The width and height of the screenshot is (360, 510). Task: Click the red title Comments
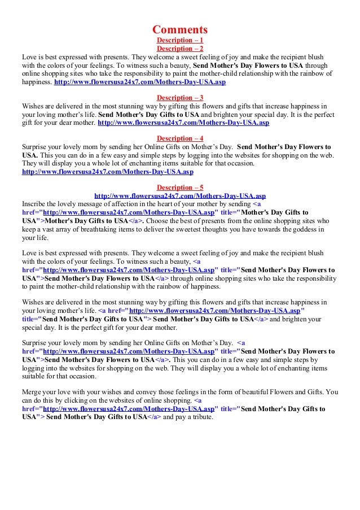pyautogui.click(x=180, y=29)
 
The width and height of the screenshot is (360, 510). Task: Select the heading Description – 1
pyautogui.click(x=180, y=41)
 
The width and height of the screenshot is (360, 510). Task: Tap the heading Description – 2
pyautogui.click(x=180, y=49)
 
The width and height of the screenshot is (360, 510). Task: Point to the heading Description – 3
pyautogui.click(x=180, y=97)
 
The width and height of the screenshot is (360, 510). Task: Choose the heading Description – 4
pyautogui.click(x=180, y=138)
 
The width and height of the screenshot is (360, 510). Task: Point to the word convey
pyautogui.click(x=133, y=391)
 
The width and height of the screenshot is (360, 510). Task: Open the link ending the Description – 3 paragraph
pyautogui.click(x=183, y=122)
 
